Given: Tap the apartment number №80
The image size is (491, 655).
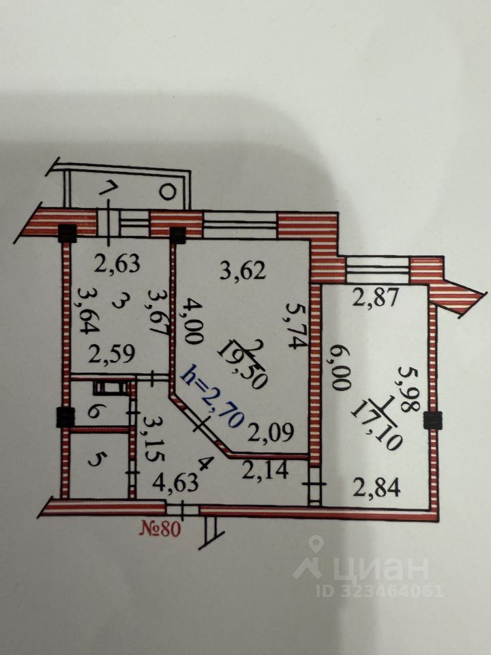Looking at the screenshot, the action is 160,529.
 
